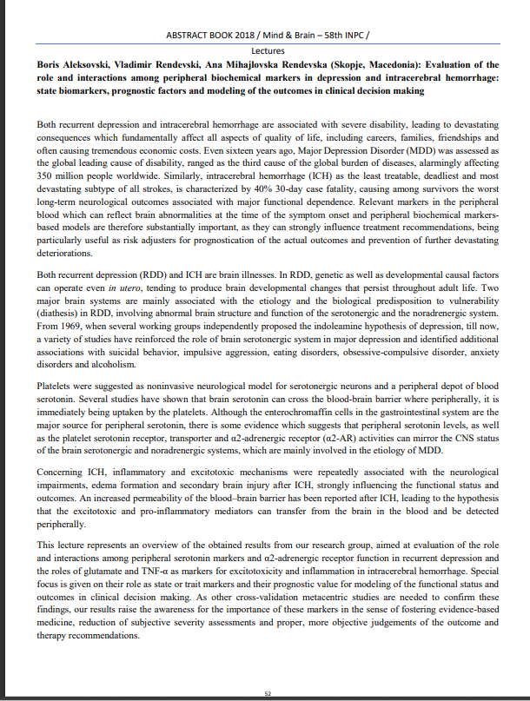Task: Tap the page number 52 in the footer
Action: pyautogui.click(x=268, y=692)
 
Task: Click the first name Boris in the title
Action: pyautogui.click(x=49, y=64)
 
